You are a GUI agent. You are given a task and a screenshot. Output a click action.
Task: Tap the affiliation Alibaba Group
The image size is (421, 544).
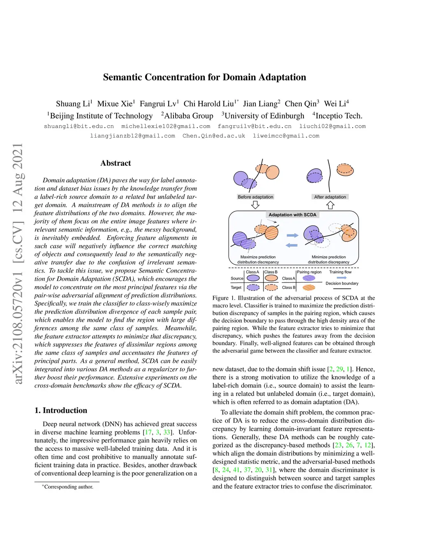coord(188,116)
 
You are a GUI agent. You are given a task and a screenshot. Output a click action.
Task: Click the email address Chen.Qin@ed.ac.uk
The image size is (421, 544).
coord(214,136)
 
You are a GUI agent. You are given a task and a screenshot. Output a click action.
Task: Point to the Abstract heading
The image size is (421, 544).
coord(116,163)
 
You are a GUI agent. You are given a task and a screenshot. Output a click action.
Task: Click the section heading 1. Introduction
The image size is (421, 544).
coord(61,410)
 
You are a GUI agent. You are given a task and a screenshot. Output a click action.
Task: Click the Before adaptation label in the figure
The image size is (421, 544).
coord(255,197)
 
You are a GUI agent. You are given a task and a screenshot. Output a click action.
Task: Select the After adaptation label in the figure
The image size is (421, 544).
coord(330,197)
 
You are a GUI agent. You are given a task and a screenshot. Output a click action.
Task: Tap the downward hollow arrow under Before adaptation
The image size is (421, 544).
coord(255,204)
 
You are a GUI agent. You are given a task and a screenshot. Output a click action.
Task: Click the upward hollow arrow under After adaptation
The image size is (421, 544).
coord(330,204)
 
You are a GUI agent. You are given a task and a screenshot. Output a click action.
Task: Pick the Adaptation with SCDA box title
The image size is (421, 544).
coord(292,215)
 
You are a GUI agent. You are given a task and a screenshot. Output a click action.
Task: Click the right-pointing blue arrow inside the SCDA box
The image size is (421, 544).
coord(292,236)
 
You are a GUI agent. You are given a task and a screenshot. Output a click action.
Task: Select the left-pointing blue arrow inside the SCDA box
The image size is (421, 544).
coord(291,245)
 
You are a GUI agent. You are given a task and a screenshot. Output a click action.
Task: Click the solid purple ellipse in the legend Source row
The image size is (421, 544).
coord(253,278)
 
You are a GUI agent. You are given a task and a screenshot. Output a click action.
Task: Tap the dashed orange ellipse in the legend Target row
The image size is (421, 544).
coord(271,287)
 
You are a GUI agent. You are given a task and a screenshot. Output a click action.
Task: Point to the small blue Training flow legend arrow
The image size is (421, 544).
coord(342,278)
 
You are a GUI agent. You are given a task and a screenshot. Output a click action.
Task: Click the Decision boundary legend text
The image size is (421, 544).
coord(342,283)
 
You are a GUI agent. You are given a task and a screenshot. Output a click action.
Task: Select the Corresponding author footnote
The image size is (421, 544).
coord(68,487)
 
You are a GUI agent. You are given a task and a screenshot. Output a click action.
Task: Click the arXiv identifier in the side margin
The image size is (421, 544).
coord(18,263)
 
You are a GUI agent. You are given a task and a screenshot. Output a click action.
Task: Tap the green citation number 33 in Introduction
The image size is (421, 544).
coord(167,432)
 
